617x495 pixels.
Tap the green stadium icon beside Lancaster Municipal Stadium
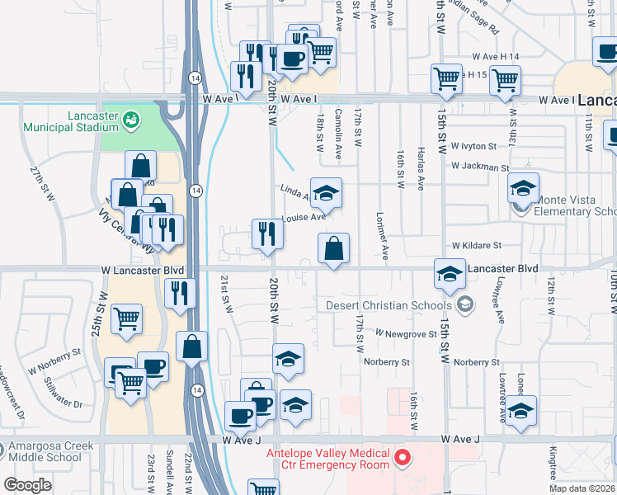[130, 122]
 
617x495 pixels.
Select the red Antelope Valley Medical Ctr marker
[403, 457]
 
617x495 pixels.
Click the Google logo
[27, 484]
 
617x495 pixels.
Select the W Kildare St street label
[476, 246]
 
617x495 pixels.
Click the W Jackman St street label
[480, 167]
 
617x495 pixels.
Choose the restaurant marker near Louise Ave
[267, 233]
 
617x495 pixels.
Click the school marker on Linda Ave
[326, 193]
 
